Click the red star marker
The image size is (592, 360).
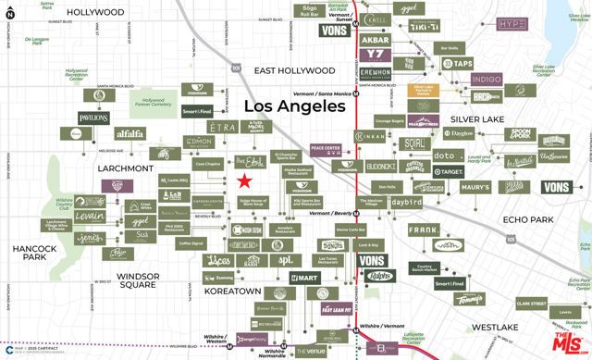[244, 181]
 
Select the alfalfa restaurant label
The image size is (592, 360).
[129, 133]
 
